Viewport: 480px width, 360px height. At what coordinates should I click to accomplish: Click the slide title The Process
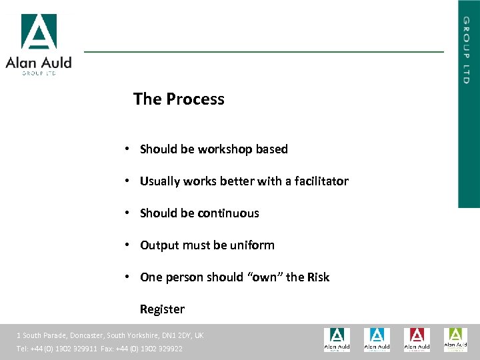coord(179,99)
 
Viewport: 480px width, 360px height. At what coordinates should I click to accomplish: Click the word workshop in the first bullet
coord(224,149)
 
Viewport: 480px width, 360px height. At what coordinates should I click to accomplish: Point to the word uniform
coord(252,245)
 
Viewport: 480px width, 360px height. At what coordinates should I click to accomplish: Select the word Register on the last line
coord(162,309)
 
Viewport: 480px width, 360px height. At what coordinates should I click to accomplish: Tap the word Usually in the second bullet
coord(160,181)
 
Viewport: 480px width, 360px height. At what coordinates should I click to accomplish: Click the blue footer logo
coord(377,339)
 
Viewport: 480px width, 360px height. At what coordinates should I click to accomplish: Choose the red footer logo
coord(417,339)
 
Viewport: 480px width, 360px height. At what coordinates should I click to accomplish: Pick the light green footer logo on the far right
coord(456,339)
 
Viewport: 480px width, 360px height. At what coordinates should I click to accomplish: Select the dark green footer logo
coord(337,339)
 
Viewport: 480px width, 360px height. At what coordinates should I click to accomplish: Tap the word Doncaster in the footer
coord(84,335)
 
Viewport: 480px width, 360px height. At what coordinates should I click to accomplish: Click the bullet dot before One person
coord(126,277)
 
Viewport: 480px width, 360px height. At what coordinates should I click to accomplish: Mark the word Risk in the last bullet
coord(318,277)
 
